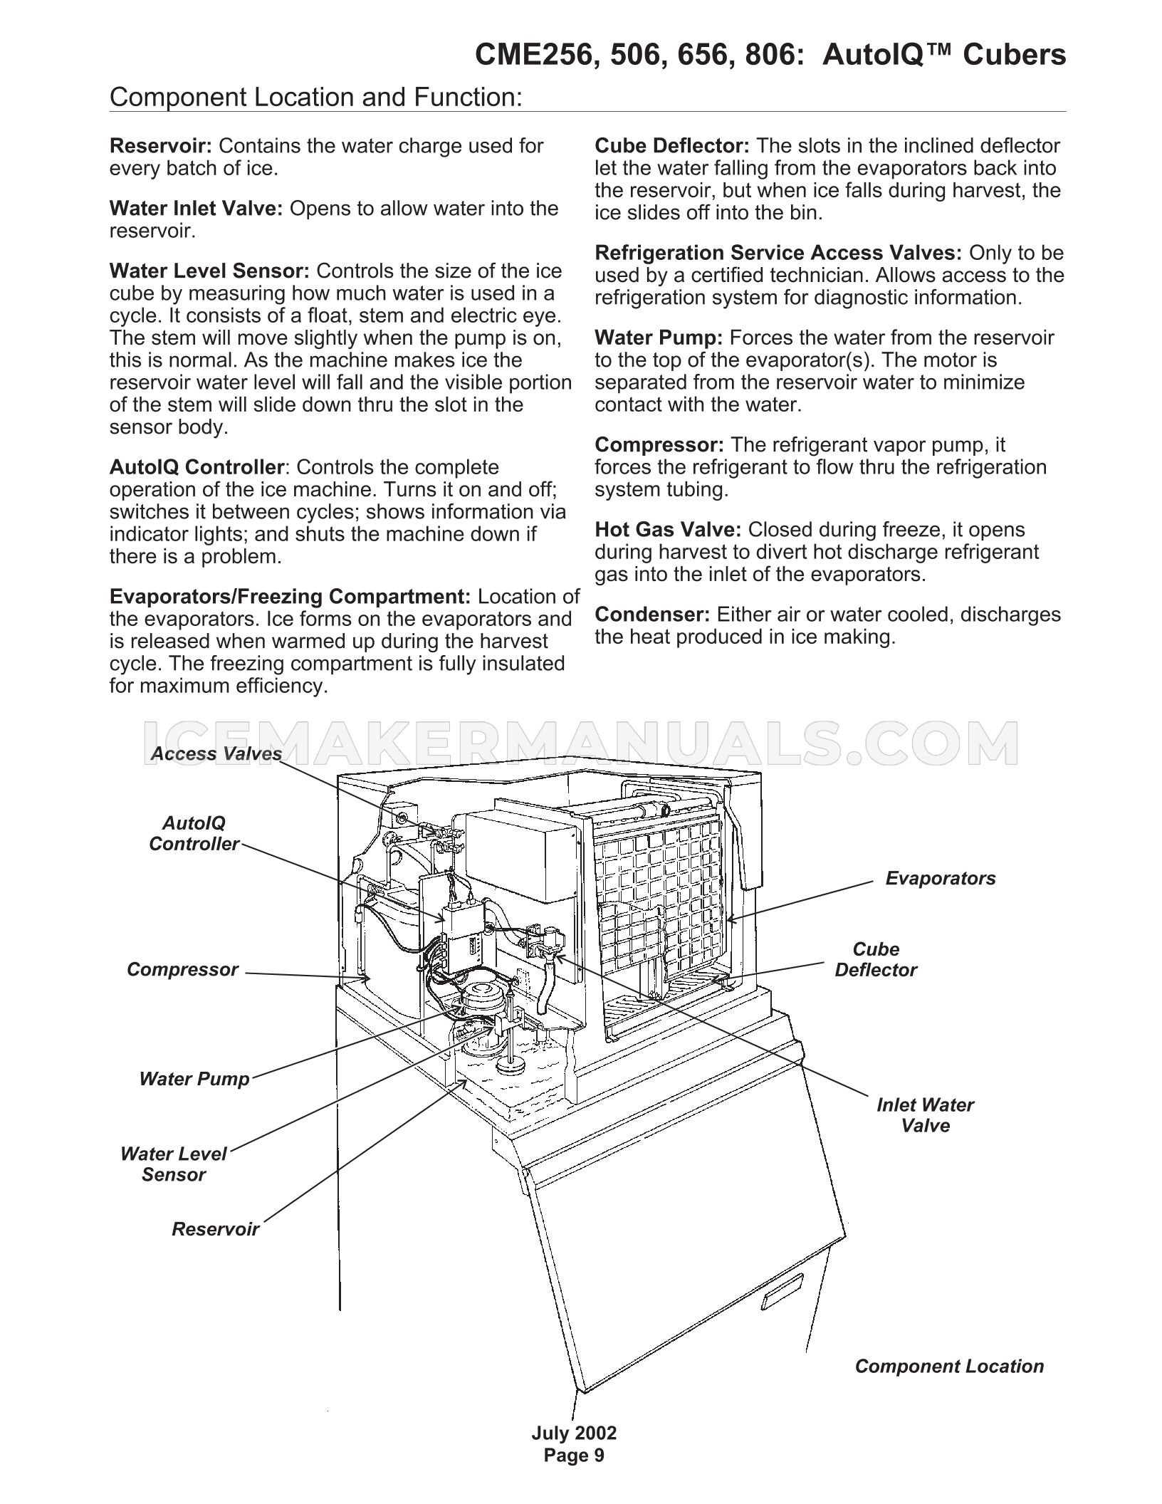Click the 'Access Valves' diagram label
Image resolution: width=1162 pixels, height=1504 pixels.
(x=216, y=753)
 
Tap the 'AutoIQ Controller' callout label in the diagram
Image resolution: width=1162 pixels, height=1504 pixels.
(x=194, y=833)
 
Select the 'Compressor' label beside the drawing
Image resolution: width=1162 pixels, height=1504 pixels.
(x=182, y=969)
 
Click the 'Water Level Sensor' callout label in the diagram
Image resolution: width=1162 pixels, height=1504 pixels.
(x=173, y=1164)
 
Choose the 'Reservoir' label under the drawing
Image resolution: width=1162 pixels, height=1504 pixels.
(x=215, y=1228)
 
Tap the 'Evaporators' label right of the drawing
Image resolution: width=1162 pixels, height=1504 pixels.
(x=941, y=878)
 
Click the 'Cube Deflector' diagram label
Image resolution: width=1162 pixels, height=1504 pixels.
(x=876, y=959)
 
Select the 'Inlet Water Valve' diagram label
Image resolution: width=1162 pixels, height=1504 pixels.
(x=925, y=1114)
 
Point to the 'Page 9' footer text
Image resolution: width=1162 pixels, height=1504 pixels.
(x=574, y=1455)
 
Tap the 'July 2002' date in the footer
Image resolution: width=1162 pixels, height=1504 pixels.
(x=574, y=1433)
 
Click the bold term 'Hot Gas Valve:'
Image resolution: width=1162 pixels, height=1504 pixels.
(x=668, y=530)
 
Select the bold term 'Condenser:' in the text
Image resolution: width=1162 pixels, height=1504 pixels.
(x=653, y=615)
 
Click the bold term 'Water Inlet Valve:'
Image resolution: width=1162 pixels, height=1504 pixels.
(x=197, y=209)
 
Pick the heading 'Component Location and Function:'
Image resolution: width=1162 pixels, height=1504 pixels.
(x=316, y=97)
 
